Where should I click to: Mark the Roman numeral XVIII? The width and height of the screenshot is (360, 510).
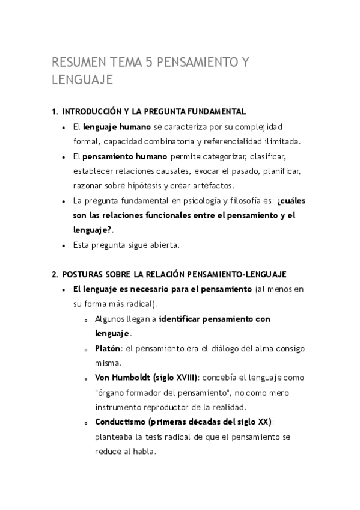tap(183, 378)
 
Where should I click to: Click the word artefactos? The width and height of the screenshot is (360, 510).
tap(212, 186)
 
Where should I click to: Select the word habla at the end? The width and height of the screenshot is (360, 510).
tap(144, 451)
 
